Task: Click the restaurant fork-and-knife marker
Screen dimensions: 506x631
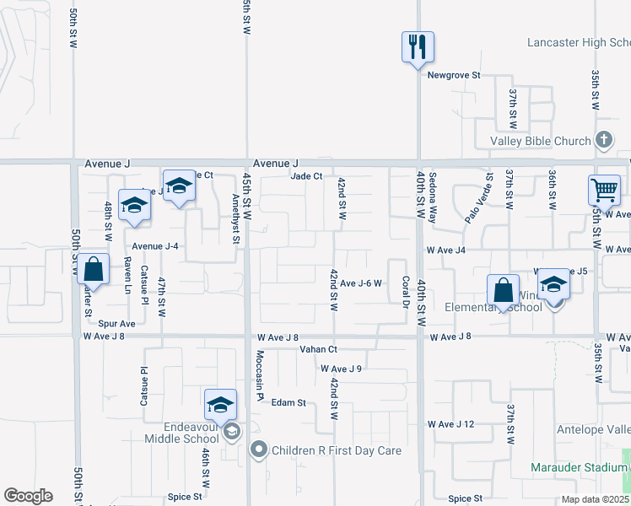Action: click(418, 47)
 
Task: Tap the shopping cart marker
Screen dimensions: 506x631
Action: click(604, 191)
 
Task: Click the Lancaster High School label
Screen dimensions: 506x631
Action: click(578, 42)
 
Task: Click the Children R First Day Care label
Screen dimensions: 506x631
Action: click(335, 450)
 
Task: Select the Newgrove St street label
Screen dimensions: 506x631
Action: click(453, 75)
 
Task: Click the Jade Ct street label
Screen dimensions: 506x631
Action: click(306, 176)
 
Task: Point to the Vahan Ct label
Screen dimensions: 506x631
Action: click(318, 349)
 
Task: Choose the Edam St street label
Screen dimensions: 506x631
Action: click(289, 403)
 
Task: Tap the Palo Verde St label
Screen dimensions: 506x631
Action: click(477, 199)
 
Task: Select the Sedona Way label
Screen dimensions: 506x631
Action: click(433, 197)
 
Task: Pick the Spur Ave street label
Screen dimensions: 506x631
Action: click(116, 323)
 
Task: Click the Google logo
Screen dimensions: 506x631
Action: click(29, 496)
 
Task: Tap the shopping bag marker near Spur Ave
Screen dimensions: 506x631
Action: click(95, 271)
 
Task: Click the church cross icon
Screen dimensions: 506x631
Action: click(603, 139)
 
